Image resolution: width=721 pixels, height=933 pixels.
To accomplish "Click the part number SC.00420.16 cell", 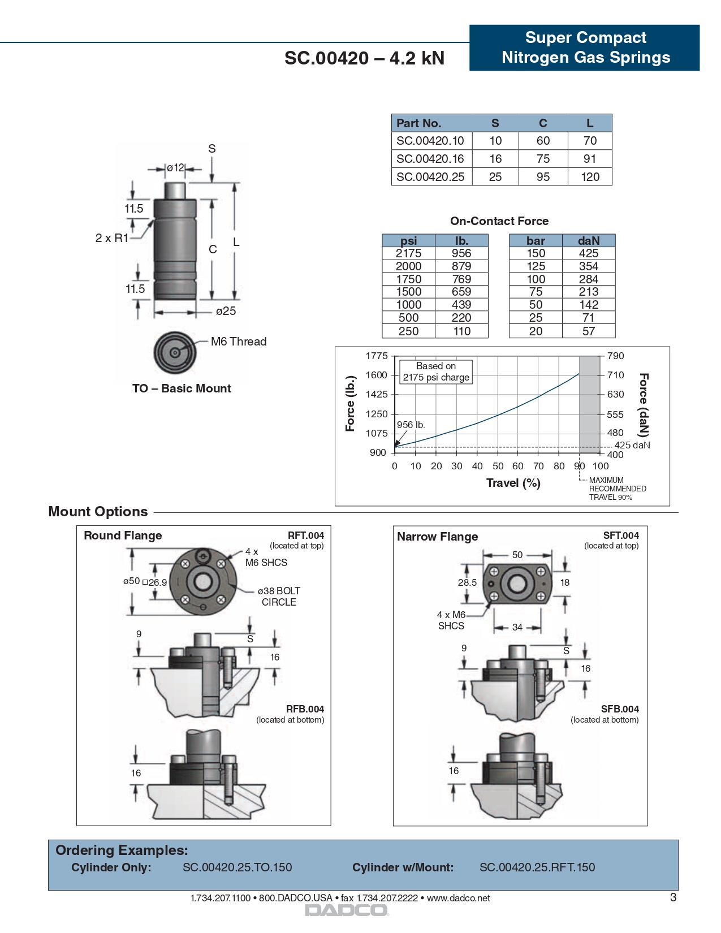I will [x=430, y=159].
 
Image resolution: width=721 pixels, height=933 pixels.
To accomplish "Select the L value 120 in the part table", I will [x=590, y=177].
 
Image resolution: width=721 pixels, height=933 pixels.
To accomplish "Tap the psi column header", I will [x=408, y=241].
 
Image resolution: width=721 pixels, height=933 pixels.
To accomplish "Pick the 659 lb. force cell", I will [x=461, y=292].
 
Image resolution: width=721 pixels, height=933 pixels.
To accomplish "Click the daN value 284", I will [x=588, y=279].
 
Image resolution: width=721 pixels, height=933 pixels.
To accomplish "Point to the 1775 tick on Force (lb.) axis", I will [x=377, y=356].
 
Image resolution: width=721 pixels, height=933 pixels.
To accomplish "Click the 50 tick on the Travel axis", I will [x=498, y=466].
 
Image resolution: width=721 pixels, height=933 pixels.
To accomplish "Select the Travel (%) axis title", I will [x=513, y=483].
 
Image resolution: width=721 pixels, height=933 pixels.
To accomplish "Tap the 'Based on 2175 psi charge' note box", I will [x=436, y=372].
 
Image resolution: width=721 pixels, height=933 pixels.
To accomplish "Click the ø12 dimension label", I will [x=175, y=168].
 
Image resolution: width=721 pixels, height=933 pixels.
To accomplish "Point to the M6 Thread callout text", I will [x=238, y=342].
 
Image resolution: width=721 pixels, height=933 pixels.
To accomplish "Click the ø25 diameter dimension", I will [x=226, y=311].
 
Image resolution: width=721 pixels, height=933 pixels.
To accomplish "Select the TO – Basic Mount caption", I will [x=182, y=388].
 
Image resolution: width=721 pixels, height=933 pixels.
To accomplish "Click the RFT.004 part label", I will [x=305, y=535].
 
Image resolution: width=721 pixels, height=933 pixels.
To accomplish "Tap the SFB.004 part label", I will [x=620, y=709].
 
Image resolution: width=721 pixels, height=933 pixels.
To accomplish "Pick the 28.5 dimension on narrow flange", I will [x=467, y=582].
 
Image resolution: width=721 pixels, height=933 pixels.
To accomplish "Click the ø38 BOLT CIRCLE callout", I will [x=279, y=597].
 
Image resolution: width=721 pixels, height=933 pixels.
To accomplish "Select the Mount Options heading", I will [x=98, y=512].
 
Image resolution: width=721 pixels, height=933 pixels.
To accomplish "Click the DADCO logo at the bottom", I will [x=347, y=910].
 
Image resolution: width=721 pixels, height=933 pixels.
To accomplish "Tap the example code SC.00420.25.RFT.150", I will [x=537, y=867].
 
